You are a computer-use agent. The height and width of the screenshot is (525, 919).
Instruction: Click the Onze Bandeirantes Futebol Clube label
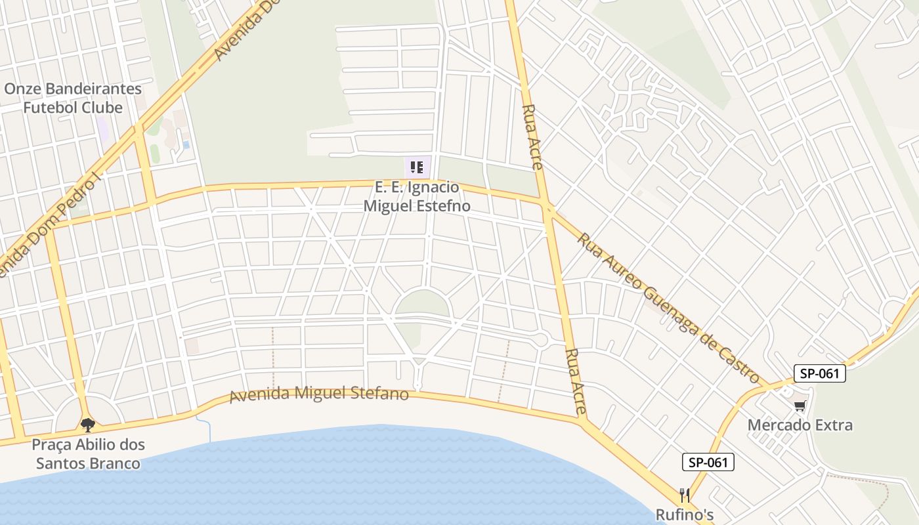[x=73, y=98]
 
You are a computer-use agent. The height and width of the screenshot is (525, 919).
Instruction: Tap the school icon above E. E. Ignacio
[x=417, y=167]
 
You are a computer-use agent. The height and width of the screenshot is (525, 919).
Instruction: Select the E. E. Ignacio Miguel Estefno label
[x=417, y=196]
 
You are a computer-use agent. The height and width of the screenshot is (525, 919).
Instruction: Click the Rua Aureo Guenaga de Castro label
[x=668, y=307]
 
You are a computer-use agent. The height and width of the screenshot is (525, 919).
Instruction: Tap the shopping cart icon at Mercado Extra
[x=800, y=406]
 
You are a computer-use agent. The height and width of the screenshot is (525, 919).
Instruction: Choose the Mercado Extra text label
[x=800, y=425]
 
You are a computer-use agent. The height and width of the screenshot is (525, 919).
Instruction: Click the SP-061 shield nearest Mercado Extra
[x=819, y=373]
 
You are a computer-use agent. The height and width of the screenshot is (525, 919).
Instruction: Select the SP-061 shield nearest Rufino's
[x=708, y=462]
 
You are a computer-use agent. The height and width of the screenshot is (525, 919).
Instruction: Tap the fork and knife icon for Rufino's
[x=684, y=495]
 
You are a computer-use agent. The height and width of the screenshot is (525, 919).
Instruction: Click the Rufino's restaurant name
[x=685, y=514]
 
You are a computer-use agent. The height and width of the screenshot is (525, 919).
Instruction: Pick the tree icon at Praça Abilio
[x=87, y=425]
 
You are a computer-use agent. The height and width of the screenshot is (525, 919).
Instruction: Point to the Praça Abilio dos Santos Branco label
[x=88, y=453]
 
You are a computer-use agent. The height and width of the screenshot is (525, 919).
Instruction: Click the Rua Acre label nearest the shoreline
[x=575, y=382]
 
